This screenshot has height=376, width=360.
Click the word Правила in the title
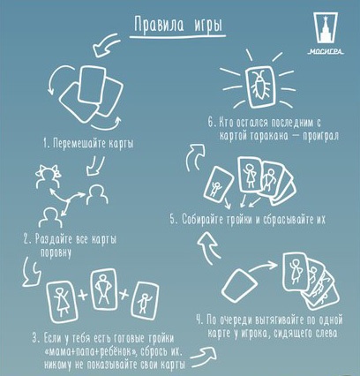[157, 22]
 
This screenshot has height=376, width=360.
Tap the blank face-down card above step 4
[241, 285]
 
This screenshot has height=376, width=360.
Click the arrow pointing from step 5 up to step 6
[194, 160]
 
